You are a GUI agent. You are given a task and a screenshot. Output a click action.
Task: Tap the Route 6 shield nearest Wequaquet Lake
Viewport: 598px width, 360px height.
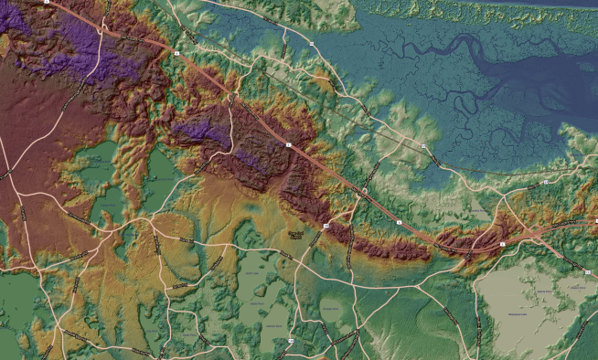[502, 244]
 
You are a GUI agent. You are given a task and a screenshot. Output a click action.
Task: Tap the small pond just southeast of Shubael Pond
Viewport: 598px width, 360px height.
[307, 249]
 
